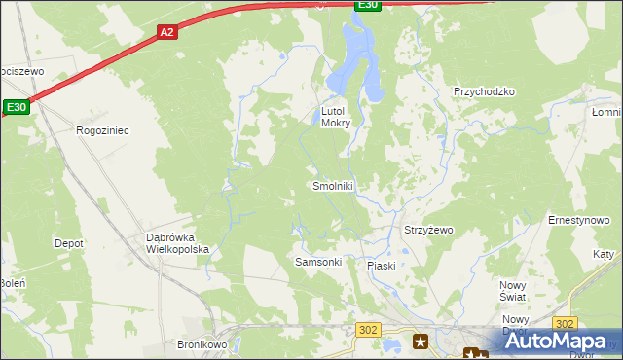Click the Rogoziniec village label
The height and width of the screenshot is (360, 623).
102,129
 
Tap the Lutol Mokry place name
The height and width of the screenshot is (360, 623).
336,117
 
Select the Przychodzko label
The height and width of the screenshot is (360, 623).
483,91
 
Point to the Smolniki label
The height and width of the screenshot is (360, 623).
332,186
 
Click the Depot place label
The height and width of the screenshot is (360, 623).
68,243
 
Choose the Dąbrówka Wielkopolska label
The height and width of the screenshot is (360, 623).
177,243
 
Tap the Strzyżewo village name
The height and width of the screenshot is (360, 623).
428,231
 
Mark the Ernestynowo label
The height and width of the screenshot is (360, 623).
578,221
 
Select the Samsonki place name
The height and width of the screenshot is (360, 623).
318,263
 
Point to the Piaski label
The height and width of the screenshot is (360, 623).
381,266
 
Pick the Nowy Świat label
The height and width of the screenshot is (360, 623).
512,289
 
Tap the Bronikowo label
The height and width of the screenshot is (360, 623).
202,344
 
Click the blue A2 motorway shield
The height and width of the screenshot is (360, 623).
166,32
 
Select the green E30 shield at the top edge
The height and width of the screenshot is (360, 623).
366,5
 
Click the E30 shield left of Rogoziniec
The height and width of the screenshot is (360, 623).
17,107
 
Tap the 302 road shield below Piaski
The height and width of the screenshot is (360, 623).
367,331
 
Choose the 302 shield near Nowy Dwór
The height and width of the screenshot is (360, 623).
564,323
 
